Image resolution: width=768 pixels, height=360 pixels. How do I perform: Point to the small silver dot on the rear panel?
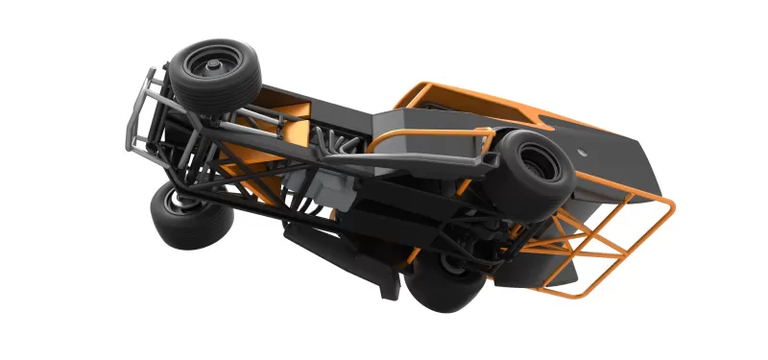point(585,151)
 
